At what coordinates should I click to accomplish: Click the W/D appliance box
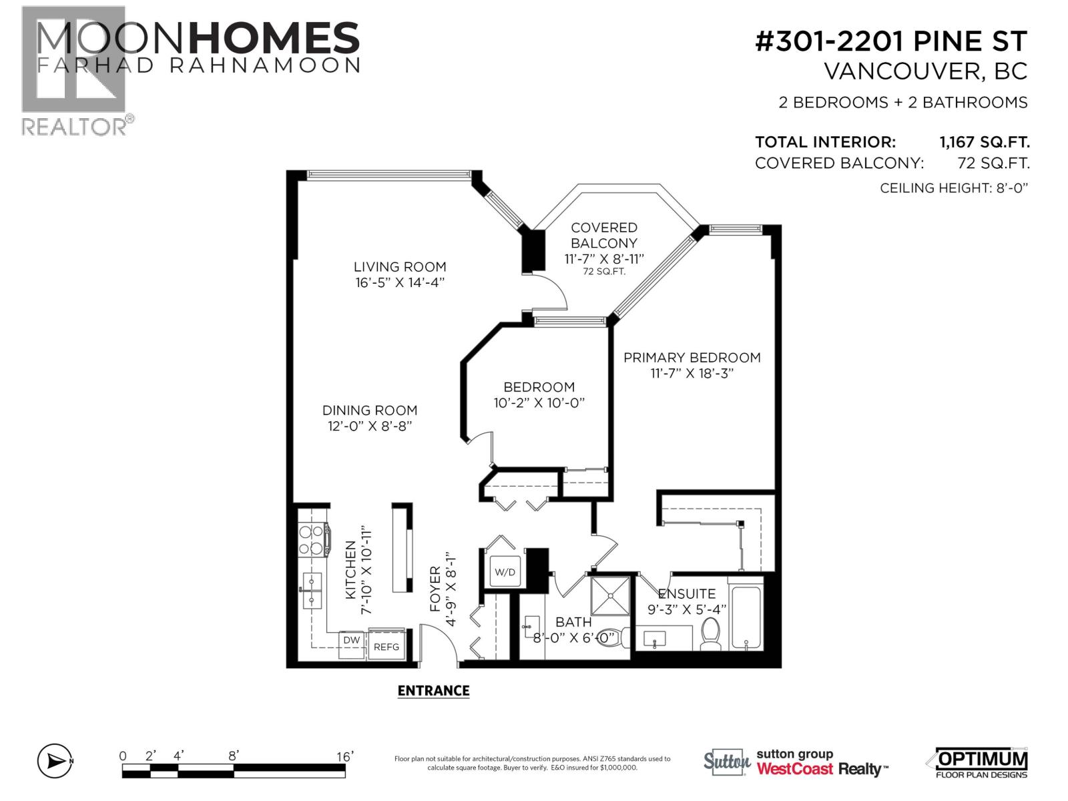pos(505,572)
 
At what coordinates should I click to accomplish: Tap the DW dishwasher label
pos(352,640)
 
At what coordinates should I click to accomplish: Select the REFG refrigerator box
pos(386,646)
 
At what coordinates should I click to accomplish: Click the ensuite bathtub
pos(746,617)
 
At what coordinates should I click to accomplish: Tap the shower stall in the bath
pos(610,595)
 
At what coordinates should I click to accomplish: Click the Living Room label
pos(400,267)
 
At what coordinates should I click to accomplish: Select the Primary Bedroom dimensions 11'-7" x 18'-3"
pos(692,374)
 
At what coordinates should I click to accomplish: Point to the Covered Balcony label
pos(604,235)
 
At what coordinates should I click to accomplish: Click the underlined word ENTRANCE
pos(433,691)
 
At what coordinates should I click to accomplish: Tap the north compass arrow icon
pos(55,761)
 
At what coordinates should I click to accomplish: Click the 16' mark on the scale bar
pos(344,757)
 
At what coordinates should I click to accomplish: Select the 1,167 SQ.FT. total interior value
pos(985,142)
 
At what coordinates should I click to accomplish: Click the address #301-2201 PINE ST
pos(891,42)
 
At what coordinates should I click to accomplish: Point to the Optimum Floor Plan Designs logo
pos(977,762)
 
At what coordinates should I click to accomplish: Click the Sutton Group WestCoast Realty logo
pos(796,762)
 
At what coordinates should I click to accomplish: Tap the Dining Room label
pos(370,411)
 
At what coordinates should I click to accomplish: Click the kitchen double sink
pos(311,591)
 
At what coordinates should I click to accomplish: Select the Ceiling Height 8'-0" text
pos(954,188)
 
